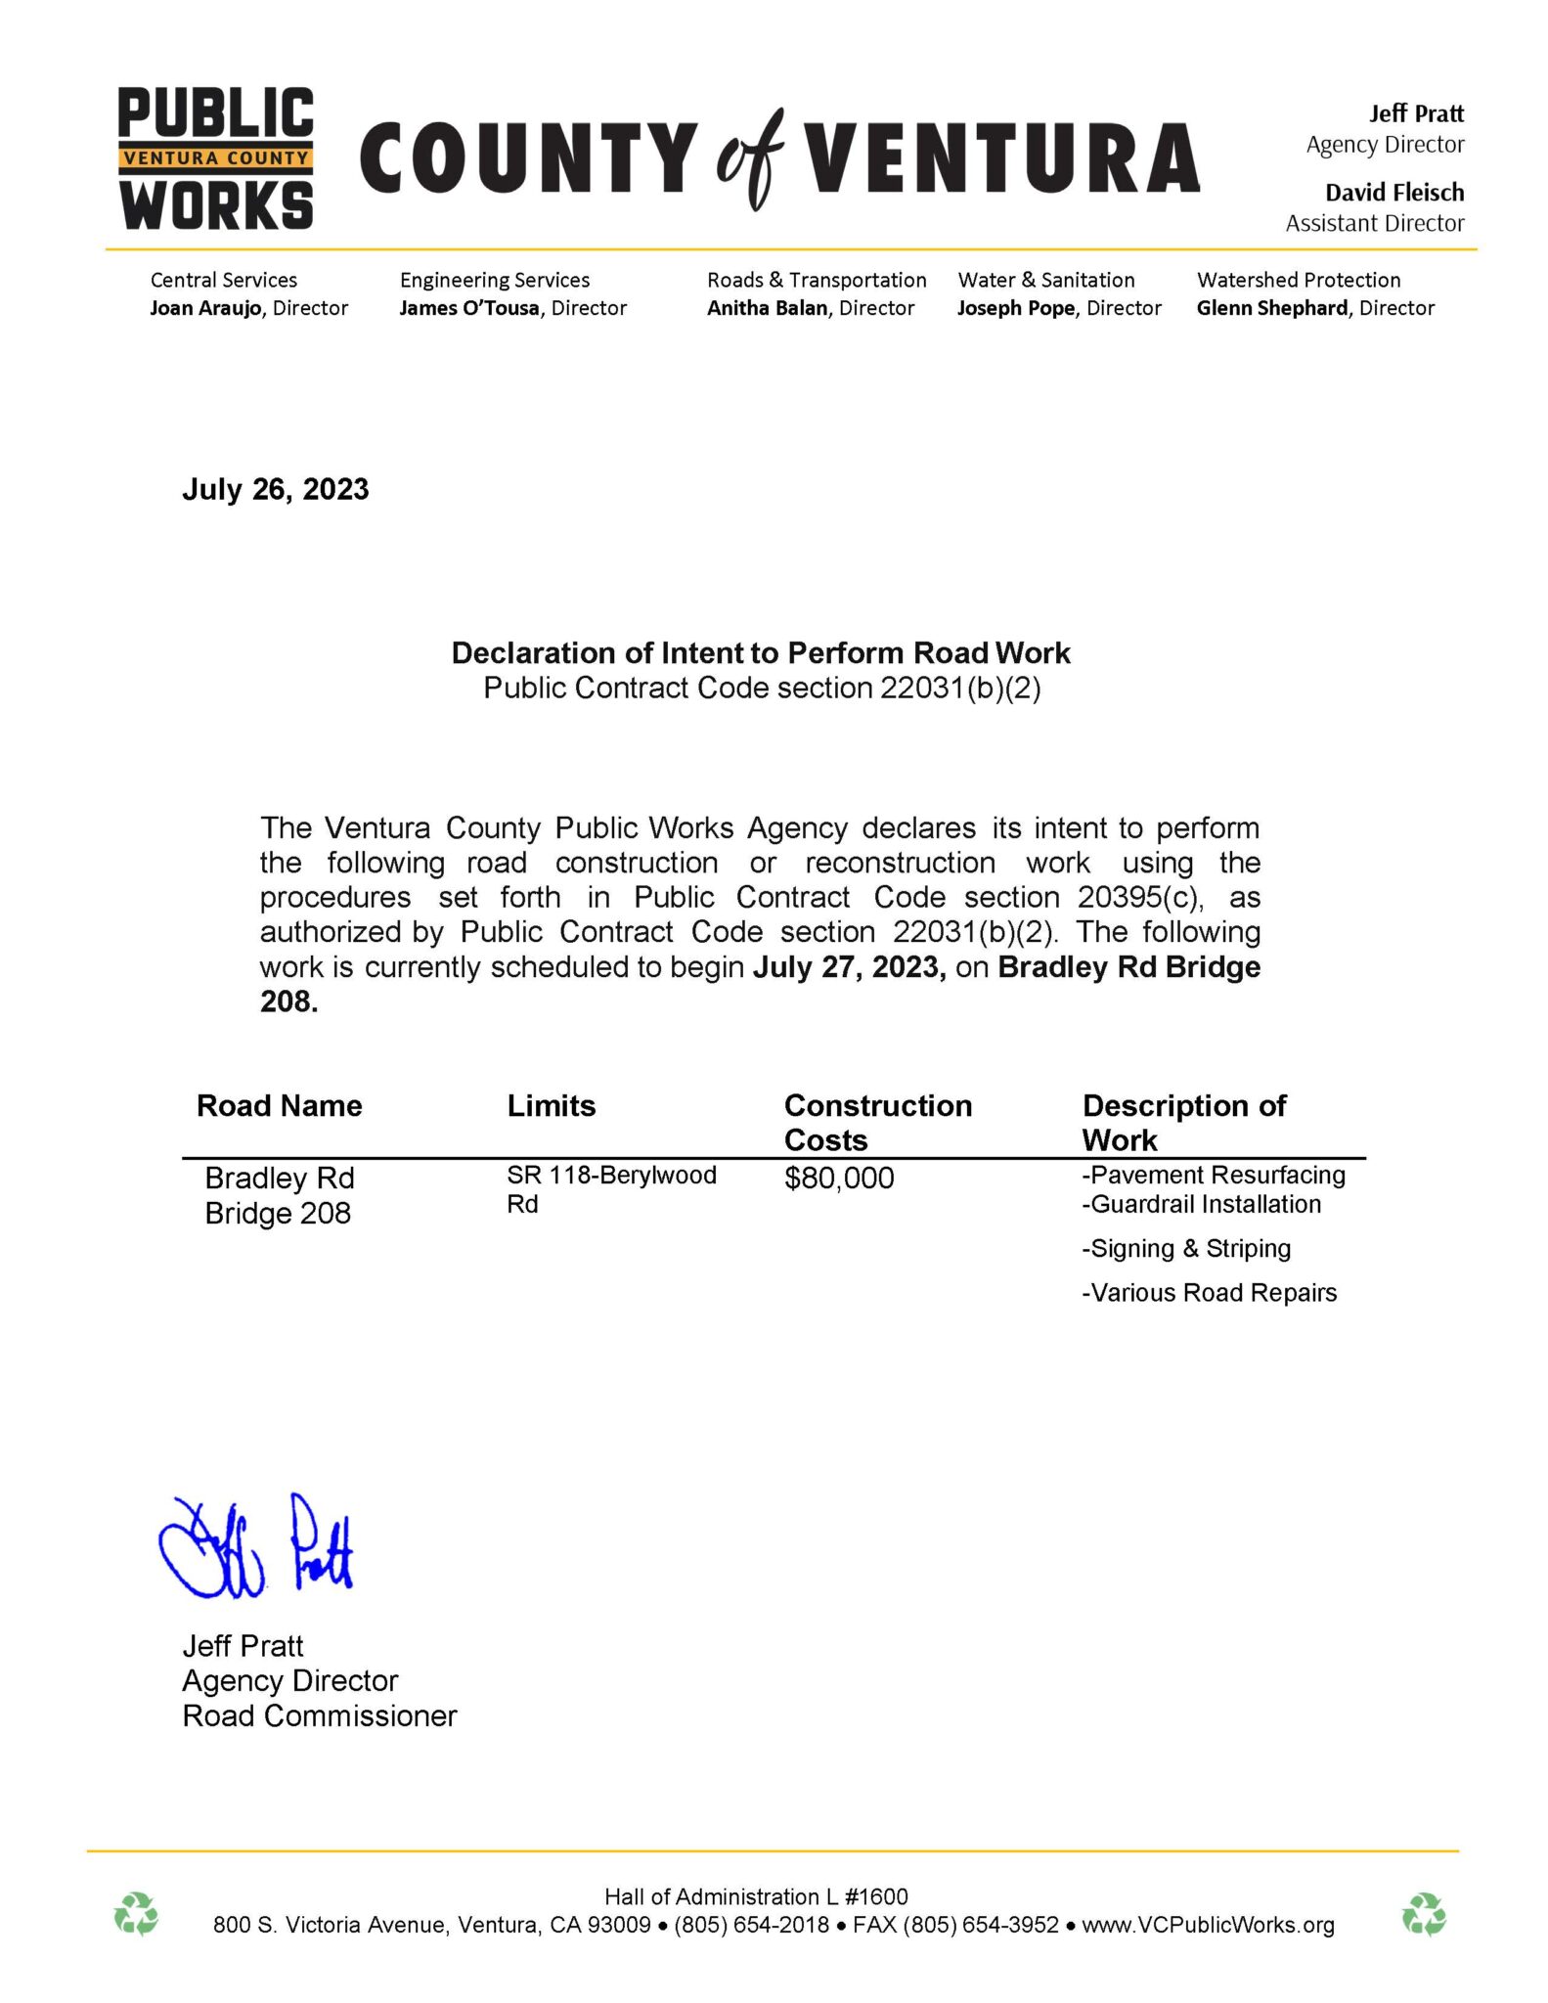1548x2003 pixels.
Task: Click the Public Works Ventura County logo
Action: pos(215,158)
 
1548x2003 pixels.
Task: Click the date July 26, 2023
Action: pos(275,489)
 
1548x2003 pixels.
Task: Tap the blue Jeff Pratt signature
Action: pos(256,1547)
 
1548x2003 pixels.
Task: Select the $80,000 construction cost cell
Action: pos(838,1179)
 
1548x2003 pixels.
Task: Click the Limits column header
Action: pos(551,1106)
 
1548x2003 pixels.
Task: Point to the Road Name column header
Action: pos(279,1106)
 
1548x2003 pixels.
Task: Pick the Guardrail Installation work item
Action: pos(1201,1205)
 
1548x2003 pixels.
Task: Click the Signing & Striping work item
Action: pos(1186,1249)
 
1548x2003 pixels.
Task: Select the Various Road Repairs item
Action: pos(1209,1293)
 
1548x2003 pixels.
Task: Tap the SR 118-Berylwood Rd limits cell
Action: pos(611,1189)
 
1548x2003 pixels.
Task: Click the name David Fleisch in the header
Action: pos(1393,193)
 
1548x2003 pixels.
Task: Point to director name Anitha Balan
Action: pos(767,308)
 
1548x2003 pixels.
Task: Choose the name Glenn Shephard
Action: pos(1271,308)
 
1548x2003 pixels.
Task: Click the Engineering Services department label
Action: pos(495,280)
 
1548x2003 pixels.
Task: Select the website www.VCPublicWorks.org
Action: pos(1208,1925)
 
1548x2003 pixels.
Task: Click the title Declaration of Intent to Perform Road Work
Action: pos(761,653)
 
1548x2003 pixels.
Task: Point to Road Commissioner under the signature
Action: pos(320,1715)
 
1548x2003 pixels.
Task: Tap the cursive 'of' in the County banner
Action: pos(750,158)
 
